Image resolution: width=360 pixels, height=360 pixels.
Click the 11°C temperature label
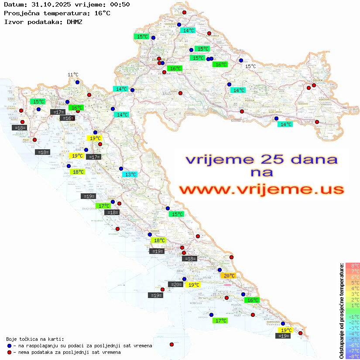click(x=73, y=75)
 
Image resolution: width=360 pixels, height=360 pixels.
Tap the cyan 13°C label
click(x=130, y=175)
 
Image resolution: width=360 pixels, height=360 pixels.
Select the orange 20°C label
click(x=228, y=276)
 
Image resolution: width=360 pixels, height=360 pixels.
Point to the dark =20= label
click(x=176, y=285)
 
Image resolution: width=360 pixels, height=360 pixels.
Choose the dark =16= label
click(x=67, y=118)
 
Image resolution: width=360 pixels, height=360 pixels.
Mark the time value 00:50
click(x=120, y=4)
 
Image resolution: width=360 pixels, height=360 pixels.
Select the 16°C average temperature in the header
click(x=102, y=13)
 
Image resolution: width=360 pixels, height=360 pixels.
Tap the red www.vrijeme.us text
click(x=261, y=190)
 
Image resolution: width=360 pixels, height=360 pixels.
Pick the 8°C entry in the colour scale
click(x=353, y=265)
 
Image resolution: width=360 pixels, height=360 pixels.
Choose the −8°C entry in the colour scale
click(x=353, y=356)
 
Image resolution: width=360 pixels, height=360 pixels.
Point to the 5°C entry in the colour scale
click(x=353, y=282)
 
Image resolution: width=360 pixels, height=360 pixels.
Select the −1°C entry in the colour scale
click(x=353, y=316)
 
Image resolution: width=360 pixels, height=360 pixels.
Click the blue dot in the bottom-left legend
click(x=9, y=346)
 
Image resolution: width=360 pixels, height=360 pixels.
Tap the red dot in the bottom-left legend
click(x=9, y=352)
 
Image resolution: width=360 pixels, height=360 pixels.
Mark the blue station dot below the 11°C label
click(x=77, y=82)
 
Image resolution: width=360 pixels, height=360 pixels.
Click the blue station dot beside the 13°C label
click(x=121, y=168)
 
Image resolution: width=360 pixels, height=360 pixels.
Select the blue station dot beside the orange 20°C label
click(x=219, y=270)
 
